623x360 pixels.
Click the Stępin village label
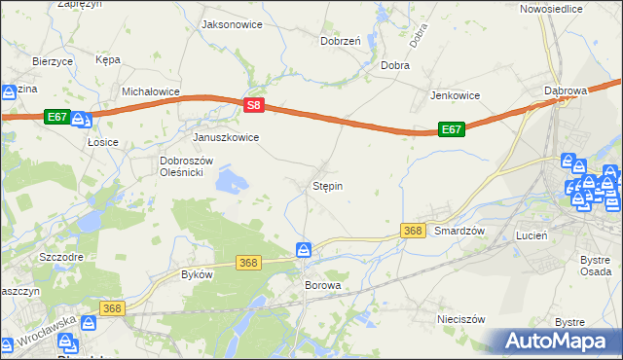(327, 185)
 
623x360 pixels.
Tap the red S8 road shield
(253, 104)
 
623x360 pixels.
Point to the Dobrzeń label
(341, 41)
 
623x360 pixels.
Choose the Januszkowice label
(226, 137)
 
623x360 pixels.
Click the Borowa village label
(323, 286)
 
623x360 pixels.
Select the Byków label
(197, 274)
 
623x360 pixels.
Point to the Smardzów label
(459, 231)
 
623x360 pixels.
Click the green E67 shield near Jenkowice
(451, 128)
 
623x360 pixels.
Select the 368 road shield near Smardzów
(413, 230)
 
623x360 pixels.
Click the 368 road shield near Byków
(249, 263)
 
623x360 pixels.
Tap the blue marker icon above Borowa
(305, 251)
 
